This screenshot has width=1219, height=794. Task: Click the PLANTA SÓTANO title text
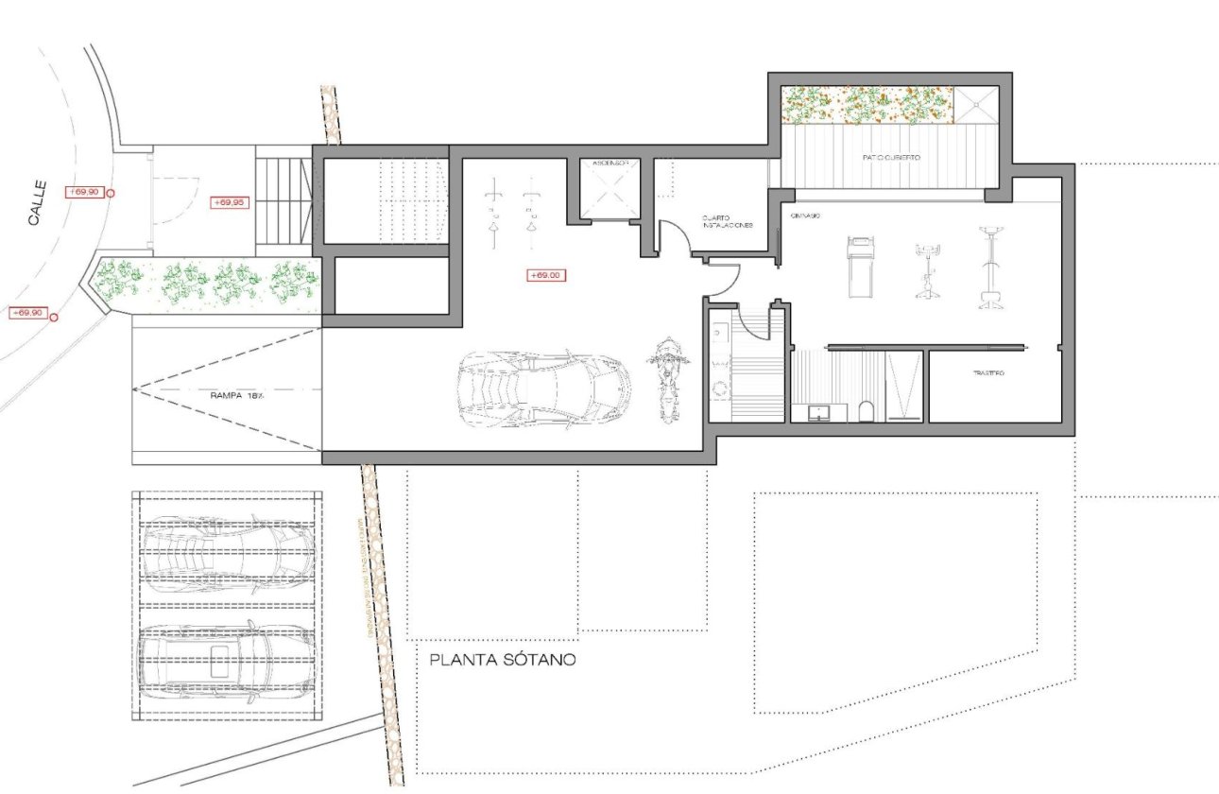pyautogui.click(x=502, y=660)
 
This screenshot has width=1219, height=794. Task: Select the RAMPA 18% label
pyautogui.click(x=237, y=396)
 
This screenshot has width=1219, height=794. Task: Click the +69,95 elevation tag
pyautogui.click(x=230, y=202)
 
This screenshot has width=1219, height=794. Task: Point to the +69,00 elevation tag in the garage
pyautogui.click(x=544, y=275)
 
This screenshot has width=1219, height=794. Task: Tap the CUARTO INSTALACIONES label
pyautogui.click(x=726, y=222)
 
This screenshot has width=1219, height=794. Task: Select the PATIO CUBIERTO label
pyautogui.click(x=890, y=157)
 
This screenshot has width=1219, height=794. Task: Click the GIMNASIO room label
pyautogui.click(x=805, y=216)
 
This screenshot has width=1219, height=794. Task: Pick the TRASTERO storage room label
pyautogui.click(x=988, y=374)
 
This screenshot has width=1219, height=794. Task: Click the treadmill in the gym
pyautogui.click(x=859, y=267)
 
